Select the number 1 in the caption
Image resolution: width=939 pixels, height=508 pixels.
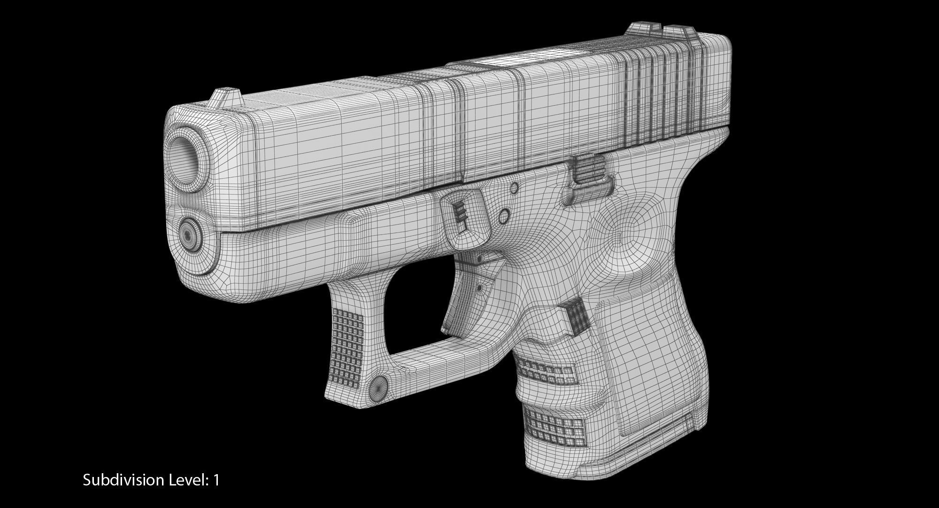216,480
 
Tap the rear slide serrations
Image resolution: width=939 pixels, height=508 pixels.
667,94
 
